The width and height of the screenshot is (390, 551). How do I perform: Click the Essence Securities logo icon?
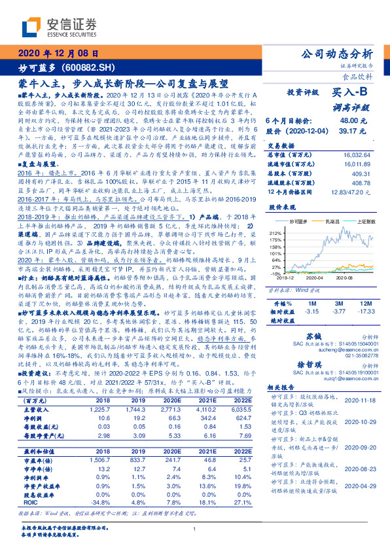[31, 26]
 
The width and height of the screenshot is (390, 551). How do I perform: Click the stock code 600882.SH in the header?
[88, 68]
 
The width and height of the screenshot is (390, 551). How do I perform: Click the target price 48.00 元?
[364, 121]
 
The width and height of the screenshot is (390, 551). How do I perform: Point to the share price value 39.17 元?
[364, 131]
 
